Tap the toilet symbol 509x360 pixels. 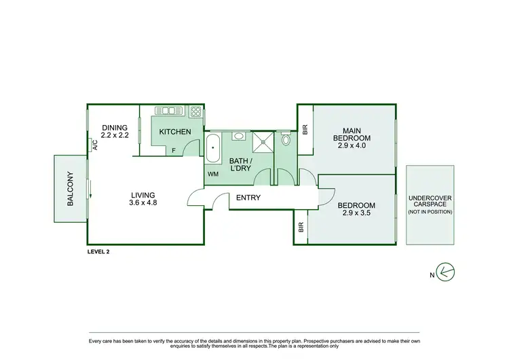point(286,141)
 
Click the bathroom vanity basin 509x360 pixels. point(238,136)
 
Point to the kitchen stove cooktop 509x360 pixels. point(195,111)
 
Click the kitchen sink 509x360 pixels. point(166,111)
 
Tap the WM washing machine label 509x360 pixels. point(213,174)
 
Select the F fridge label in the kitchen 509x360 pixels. point(174,150)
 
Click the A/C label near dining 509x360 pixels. point(95,145)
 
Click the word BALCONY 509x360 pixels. point(71,192)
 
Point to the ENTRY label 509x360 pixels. point(248,198)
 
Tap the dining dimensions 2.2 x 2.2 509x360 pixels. point(115,135)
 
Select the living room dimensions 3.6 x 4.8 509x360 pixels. point(143,202)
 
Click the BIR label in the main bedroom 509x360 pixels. point(305,128)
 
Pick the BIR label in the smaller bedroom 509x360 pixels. point(301,227)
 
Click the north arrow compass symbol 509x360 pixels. point(445,272)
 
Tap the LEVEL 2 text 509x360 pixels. point(98,251)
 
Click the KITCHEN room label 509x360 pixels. point(175,131)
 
